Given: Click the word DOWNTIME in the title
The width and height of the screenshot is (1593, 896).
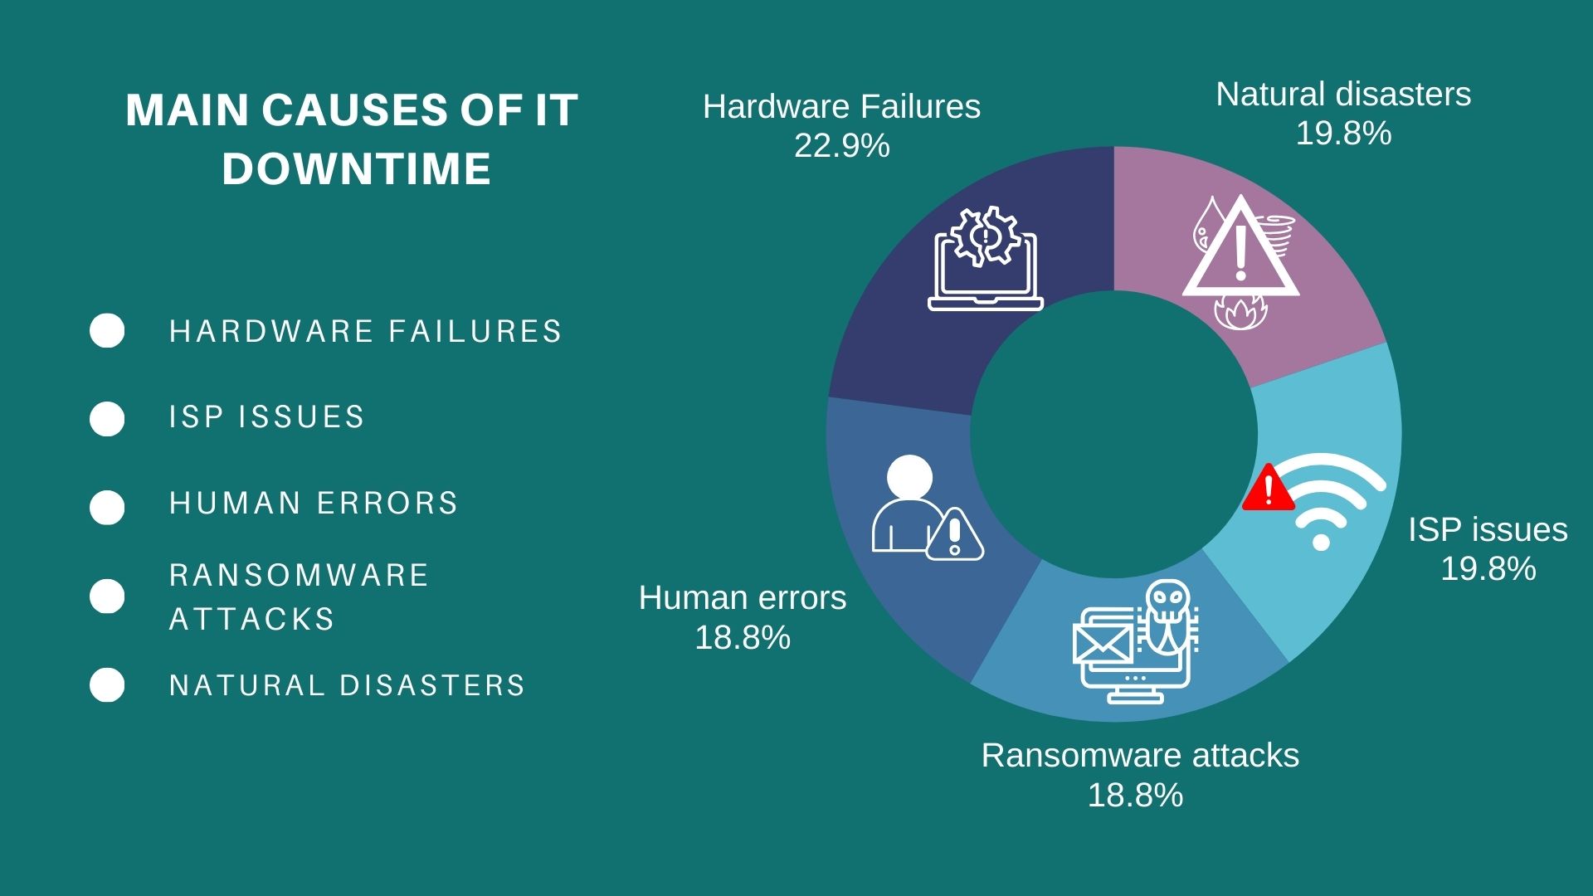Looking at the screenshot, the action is (357, 168).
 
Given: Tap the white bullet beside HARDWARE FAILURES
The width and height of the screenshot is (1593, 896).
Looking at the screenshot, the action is (107, 331).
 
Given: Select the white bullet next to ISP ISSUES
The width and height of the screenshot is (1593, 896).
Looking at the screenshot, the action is (107, 418).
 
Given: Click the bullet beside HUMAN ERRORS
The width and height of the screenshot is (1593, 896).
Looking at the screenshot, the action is (107, 507).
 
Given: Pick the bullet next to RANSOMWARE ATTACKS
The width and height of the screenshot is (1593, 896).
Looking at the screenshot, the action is (107, 596).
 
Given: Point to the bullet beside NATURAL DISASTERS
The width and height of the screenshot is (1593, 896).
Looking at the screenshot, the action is (107, 685).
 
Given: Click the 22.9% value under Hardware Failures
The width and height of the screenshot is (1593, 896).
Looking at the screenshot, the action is (842, 146).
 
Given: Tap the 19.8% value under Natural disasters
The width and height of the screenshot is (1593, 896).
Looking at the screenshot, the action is (1343, 134).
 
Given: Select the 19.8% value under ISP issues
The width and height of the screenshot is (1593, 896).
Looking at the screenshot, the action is (1488, 569).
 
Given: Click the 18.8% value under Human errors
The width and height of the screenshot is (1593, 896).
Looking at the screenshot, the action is (743, 638).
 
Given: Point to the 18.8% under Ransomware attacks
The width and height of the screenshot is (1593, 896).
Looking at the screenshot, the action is (1135, 796).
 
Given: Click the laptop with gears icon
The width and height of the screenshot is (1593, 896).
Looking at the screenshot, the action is (986, 260).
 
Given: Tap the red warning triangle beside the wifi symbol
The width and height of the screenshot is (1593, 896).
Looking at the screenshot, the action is (1269, 488).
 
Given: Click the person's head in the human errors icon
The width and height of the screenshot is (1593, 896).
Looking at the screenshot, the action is (909, 478).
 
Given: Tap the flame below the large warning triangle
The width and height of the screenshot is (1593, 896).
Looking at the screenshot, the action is (1240, 312).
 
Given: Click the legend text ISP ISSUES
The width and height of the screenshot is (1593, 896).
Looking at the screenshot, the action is (267, 416).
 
